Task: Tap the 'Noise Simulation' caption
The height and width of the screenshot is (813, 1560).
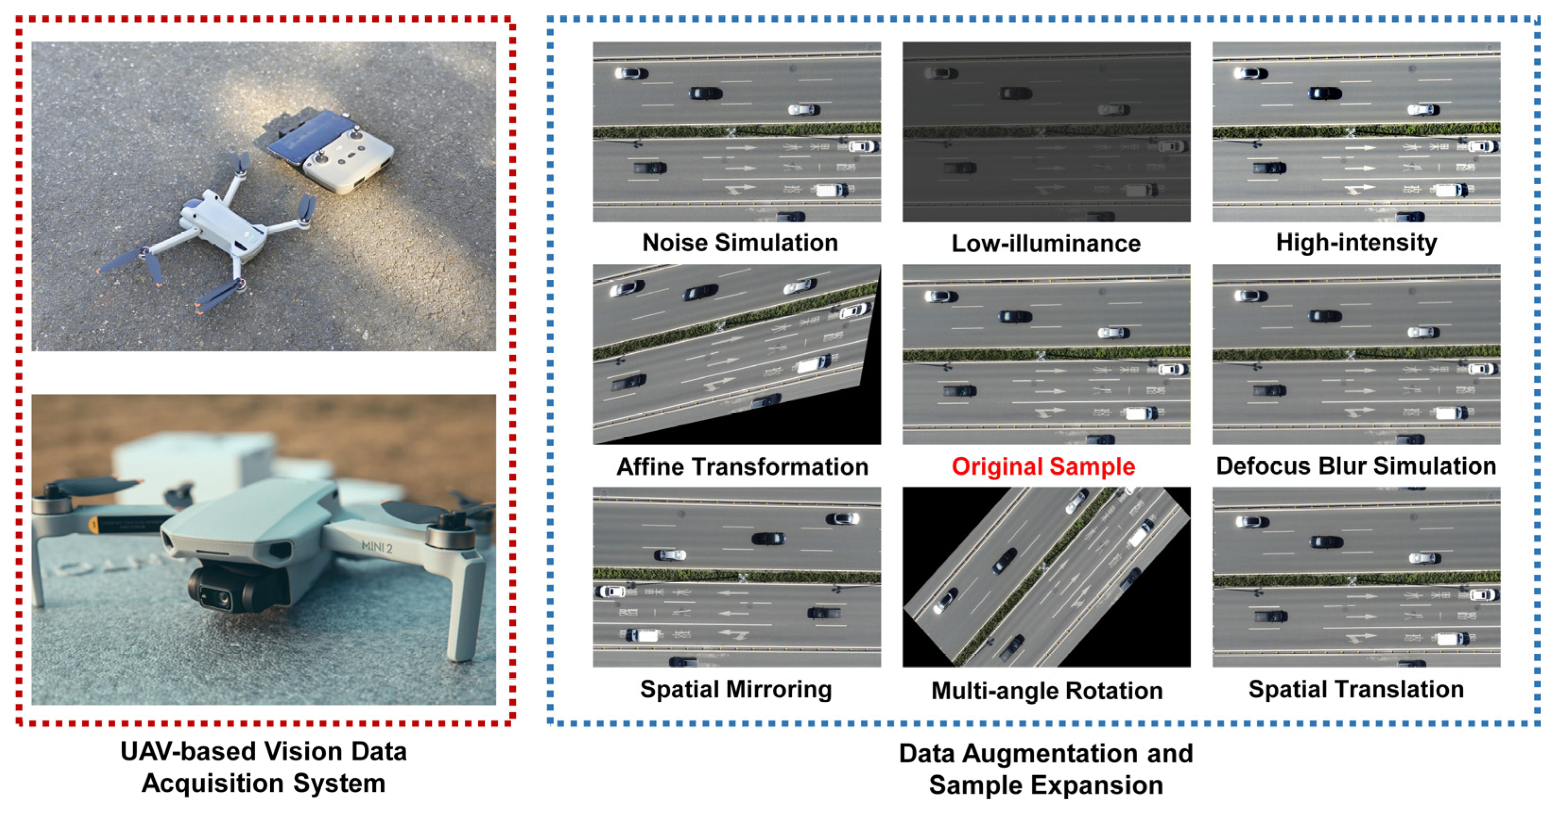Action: pyautogui.click(x=740, y=243)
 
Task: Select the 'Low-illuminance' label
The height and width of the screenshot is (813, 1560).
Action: pyautogui.click(x=1046, y=243)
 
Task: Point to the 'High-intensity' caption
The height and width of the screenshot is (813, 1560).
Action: pyautogui.click(x=1356, y=243)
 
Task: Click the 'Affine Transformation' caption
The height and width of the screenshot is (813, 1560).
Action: pyautogui.click(x=742, y=467)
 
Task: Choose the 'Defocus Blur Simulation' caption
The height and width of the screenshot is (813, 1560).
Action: pyautogui.click(x=1356, y=466)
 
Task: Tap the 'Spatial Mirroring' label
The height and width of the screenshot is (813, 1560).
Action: pyautogui.click(x=736, y=690)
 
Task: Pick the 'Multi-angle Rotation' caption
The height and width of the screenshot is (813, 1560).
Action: pyautogui.click(x=1046, y=691)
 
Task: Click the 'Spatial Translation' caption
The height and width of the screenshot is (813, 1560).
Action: pyautogui.click(x=1356, y=690)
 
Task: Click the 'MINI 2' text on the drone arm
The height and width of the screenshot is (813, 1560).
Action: pyautogui.click(x=377, y=547)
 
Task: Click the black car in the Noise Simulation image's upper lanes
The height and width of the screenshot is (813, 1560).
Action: pyautogui.click(x=705, y=93)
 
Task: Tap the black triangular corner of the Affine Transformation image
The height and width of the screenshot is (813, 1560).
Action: pyautogui.click(x=848, y=418)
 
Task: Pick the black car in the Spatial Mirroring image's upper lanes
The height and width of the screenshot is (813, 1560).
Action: pyautogui.click(x=768, y=538)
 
